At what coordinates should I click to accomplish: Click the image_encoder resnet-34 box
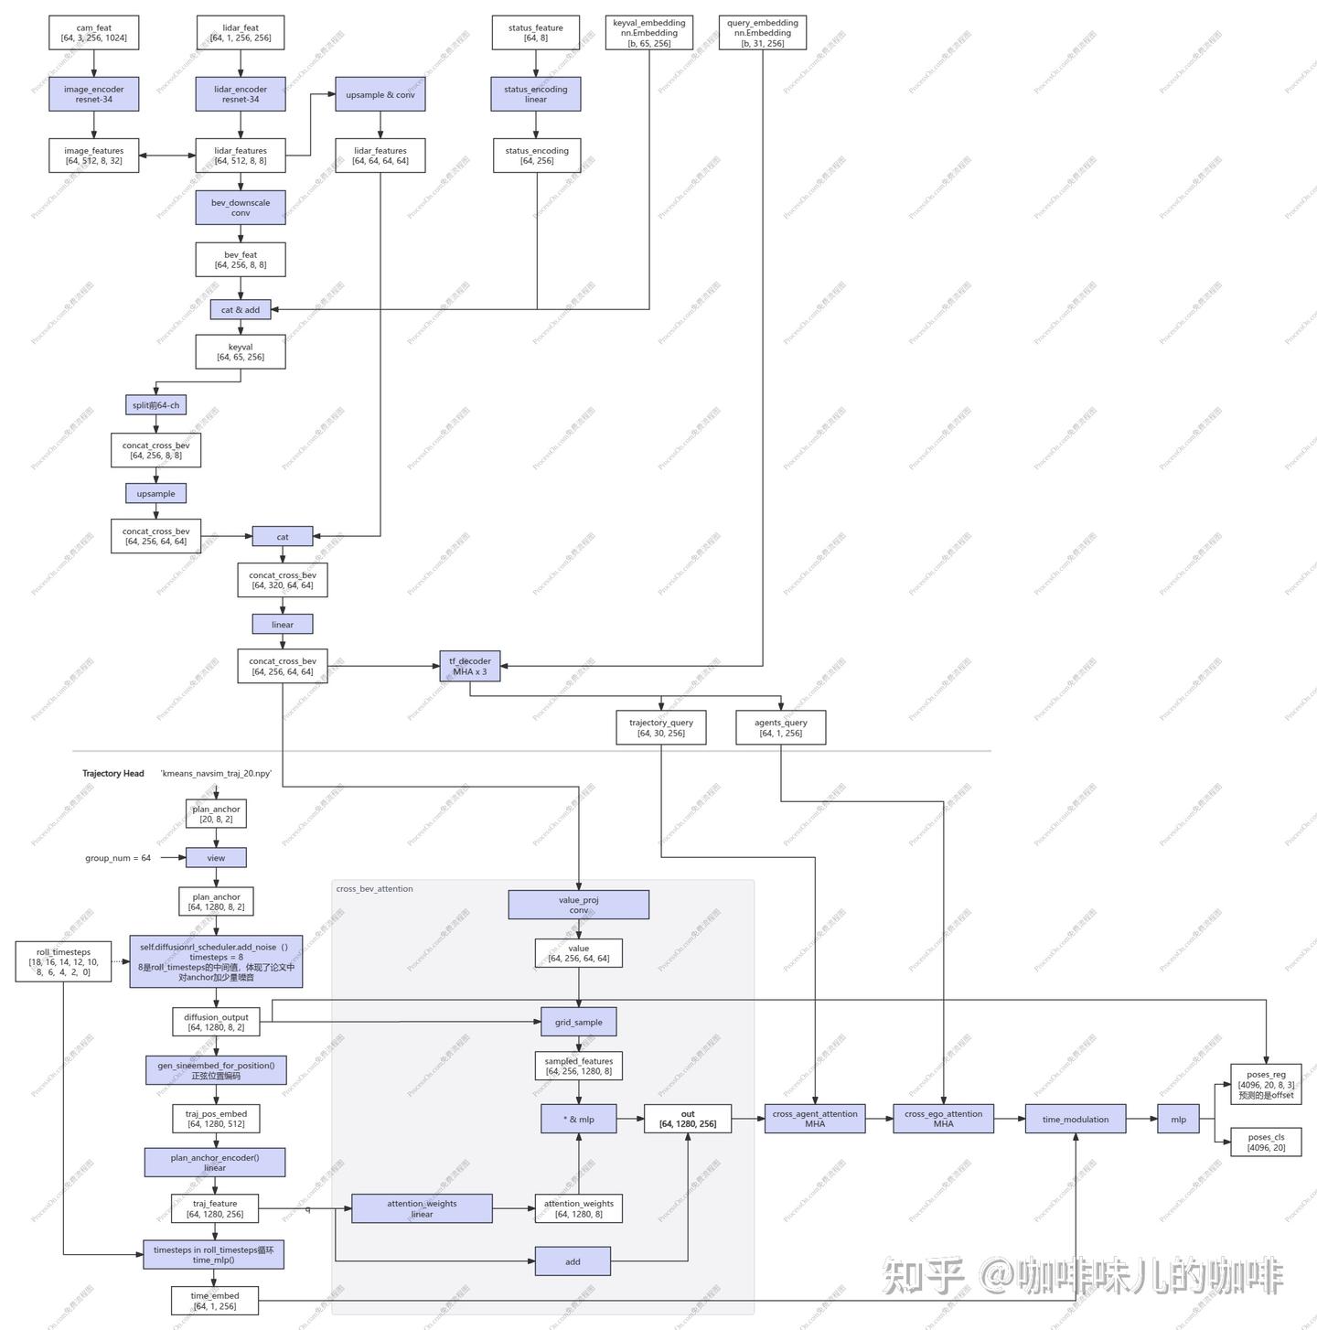pos(94,94)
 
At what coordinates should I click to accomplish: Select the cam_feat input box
pos(94,33)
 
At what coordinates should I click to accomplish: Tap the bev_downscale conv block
pos(241,208)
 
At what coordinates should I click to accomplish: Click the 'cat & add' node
pos(241,310)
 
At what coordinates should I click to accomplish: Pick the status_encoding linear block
pos(536,94)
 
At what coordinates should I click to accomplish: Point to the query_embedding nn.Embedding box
pos(763,33)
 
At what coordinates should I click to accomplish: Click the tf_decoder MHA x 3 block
pos(470,666)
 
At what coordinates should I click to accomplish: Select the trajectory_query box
pos(661,727)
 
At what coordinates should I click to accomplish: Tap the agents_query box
pos(781,727)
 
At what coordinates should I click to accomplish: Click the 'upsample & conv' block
pos(380,94)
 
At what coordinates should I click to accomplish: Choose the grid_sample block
pos(578,1022)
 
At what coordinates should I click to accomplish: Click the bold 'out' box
pos(688,1119)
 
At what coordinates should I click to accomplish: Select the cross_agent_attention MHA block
pos(815,1119)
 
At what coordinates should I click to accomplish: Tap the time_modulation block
pos(1076,1119)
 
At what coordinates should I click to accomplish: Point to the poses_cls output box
pos(1266,1142)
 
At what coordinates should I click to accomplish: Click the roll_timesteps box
pos(64,962)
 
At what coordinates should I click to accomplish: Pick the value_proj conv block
pos(579,905)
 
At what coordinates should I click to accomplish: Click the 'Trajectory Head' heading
pos(113,774)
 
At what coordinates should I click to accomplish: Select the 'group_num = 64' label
pos(118,858)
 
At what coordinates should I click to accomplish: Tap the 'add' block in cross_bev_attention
pos(573,1261)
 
